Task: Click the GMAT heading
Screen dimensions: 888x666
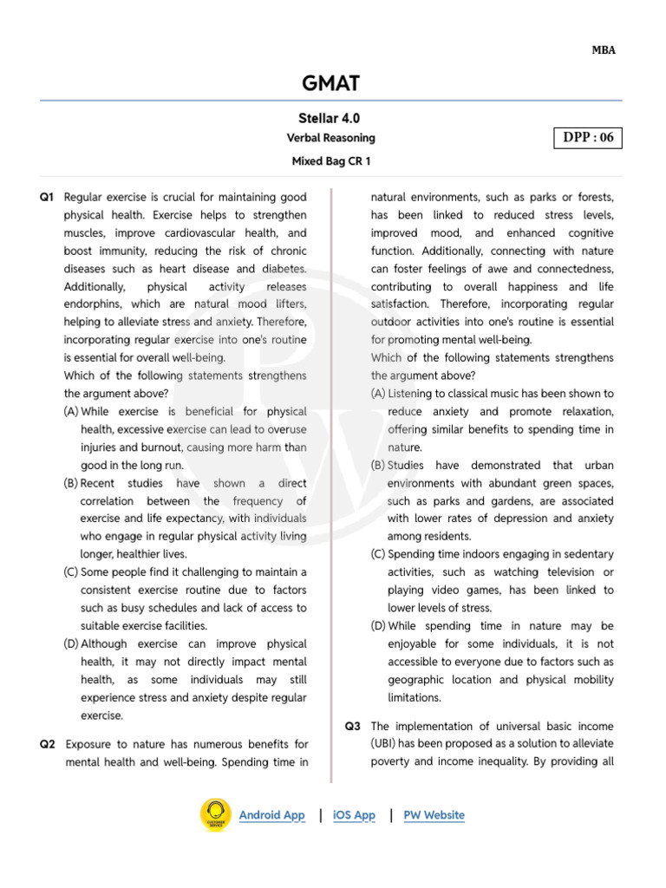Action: click(x=330, y=83)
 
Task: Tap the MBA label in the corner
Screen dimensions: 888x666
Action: click(x=604, y=50)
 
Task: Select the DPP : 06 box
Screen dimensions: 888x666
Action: click(x=587, y=137)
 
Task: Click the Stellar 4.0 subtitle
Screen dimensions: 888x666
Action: click(x=329, y=118)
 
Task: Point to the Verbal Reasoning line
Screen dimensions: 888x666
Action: click(x=330, y=138)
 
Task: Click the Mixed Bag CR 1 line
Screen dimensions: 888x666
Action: click(x=330, y=161)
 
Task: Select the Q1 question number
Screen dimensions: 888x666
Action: click(x=47, y=198)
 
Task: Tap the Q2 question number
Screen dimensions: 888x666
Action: click(x=47, y=744)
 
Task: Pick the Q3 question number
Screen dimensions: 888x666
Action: click(x=352, y=726)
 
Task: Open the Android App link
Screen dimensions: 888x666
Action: click(x=271, y=815)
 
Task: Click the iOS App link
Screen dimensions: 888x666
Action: click(x=354, y=815)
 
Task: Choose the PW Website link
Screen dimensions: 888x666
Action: click(x=434, y=815)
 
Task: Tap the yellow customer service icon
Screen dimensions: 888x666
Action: click(x=215, y=815)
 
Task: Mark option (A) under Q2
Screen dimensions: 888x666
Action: click(x=378, y=394)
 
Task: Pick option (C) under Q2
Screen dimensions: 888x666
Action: click(x=378, y=554)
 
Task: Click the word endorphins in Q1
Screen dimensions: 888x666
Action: click(x=93, y=304)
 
